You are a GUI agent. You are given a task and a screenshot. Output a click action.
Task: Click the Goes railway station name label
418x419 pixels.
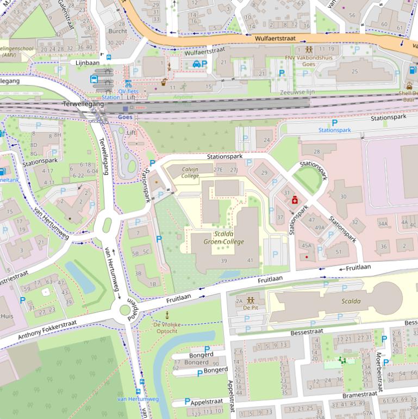tap(125, 117)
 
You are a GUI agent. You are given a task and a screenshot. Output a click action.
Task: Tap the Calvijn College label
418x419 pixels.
tap(190, 172)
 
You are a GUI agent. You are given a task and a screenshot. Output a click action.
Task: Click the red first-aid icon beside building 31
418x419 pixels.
tap(295, 201)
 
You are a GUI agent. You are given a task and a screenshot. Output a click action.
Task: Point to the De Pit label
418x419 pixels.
tap(251, 307)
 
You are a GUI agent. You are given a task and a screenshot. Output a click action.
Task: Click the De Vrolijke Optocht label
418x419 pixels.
tap(167, 328)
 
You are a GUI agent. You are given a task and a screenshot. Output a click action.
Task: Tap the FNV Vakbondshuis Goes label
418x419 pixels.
tap(308, 60)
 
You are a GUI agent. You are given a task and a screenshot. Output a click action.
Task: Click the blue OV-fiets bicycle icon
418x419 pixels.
tap(128, 84)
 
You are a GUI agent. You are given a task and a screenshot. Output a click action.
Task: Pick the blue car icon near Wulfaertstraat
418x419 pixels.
tap(196, 64)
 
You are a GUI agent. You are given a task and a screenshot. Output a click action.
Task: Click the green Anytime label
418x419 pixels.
tap(183, 97)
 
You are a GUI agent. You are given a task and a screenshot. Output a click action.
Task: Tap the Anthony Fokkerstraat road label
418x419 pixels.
tap(47, 330)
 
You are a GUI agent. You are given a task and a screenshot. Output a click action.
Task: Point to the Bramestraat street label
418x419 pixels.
tap(360, 394)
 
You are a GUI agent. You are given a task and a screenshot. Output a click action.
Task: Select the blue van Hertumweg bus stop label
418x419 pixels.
tap(138, 399)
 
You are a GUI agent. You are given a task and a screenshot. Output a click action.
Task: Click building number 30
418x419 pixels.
tap(343, 197)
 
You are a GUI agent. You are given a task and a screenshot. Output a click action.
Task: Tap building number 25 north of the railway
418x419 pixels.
tap(355, 71)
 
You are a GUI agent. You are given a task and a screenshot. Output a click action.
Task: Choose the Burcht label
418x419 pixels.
tap(118, 31)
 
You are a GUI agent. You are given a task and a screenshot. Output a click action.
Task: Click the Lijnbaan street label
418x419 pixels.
tap(87, 63)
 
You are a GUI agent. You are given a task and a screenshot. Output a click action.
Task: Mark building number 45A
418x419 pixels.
tap(306, 245)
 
